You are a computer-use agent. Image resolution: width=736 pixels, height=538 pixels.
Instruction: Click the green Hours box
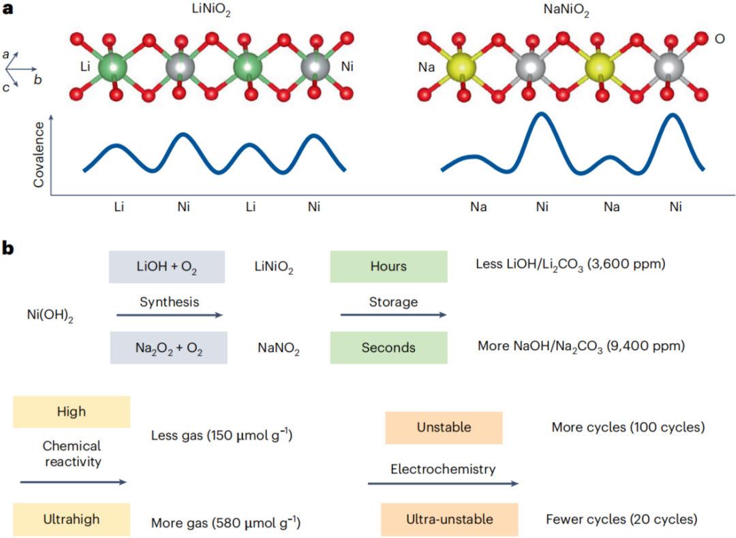coord(388,266)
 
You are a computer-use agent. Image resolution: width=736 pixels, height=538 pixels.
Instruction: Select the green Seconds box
coord(388,347)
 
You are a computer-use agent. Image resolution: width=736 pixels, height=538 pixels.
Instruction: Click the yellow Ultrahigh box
coord(71,519)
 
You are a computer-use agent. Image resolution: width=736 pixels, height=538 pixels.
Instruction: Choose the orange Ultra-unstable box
coord(450,519)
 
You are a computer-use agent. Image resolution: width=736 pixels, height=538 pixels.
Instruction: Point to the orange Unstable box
coord(444,428)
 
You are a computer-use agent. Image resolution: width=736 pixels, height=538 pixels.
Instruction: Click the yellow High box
coord(71,411)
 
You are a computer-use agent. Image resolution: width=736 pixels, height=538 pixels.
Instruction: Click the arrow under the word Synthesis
coord(169,315)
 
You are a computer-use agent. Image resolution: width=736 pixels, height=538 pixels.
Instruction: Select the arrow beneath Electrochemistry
coord(443,484)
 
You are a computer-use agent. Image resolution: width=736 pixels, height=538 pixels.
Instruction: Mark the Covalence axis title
coord(39,155)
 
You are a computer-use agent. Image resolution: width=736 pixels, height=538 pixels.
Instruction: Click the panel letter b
coord(9,248)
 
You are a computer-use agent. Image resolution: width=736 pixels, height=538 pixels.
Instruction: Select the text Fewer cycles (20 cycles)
coord(621,519)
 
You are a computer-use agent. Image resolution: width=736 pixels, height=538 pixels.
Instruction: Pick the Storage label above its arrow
coord(393,301)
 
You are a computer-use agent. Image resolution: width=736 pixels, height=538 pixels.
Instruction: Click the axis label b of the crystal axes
coord(38,79)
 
